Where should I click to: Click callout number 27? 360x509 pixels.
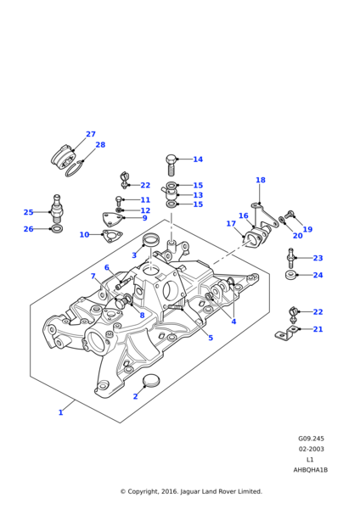(91, 134)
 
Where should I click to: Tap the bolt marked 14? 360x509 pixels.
(172, 165)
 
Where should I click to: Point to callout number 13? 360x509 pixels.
(198, 195)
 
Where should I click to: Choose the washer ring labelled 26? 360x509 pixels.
(57, 229)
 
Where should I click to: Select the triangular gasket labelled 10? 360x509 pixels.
(112, 236)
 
